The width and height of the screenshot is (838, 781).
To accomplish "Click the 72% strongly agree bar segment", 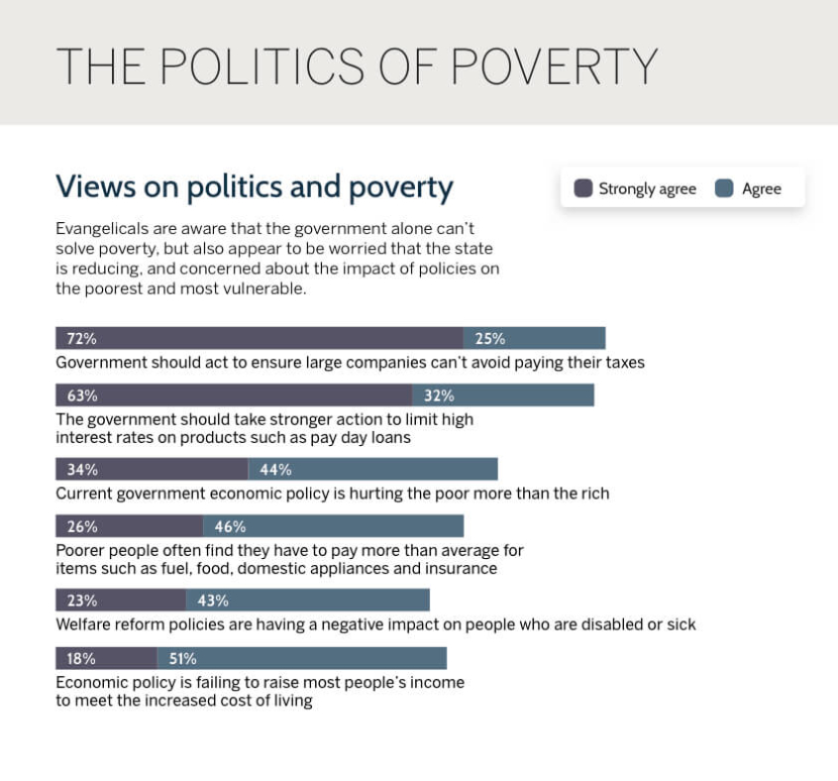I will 260,338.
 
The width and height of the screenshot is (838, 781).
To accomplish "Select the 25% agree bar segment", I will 534,338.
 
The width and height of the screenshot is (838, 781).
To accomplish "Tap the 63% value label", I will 82,395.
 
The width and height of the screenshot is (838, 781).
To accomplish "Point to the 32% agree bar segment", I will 503,395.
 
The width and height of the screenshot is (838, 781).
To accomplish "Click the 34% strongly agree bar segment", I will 152,470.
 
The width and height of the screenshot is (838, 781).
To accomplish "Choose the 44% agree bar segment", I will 372,470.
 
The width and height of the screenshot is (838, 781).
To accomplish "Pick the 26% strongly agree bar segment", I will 130,526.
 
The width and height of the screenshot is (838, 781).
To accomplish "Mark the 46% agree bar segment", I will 334,526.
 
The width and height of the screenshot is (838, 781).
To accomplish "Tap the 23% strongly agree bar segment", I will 121,601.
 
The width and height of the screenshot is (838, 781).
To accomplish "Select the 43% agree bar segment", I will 308,601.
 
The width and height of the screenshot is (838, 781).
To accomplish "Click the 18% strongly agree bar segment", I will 106,658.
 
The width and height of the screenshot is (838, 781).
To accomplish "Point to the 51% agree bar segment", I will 302,658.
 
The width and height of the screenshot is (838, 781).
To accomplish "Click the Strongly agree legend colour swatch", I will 583,188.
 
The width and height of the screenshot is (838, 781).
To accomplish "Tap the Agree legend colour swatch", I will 724,188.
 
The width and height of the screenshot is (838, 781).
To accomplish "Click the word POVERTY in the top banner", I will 554,65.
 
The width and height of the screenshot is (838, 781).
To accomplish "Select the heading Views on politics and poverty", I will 255,186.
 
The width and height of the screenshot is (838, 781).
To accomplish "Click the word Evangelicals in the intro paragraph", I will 102,227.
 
